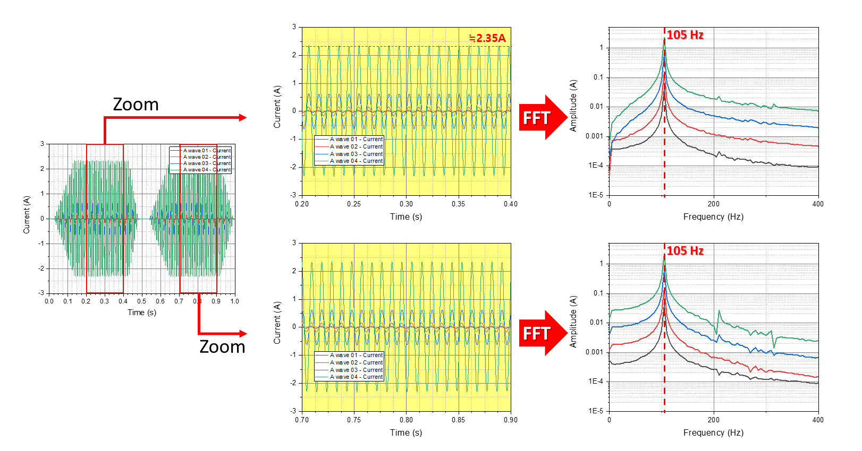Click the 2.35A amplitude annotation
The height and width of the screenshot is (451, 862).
click(488, 38)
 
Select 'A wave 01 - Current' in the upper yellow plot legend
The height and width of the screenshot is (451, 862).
click(356, 140)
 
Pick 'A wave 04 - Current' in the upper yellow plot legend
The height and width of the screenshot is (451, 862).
click(356, 161)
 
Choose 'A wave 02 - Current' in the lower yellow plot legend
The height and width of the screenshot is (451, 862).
click(356, 362)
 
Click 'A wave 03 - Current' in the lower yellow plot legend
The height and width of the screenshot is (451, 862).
click(356, 370)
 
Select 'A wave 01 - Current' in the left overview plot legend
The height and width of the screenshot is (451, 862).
click(207, 151)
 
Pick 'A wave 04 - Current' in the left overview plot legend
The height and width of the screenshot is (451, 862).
click(207, 170)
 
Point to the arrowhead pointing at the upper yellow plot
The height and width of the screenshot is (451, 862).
click(243, 117)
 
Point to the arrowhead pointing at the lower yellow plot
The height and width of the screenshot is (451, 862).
click(243, 333)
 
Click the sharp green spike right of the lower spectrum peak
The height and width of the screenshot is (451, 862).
click(719, 313)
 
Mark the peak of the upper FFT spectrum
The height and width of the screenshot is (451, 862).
click(664, 42)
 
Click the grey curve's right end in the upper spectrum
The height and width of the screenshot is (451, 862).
click(816, 167)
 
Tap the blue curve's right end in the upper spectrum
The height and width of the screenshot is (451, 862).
click(816, 127)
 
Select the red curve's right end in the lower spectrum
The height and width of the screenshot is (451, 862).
click(816, 377)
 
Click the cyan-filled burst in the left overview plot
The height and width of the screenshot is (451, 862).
click(190, 207)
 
